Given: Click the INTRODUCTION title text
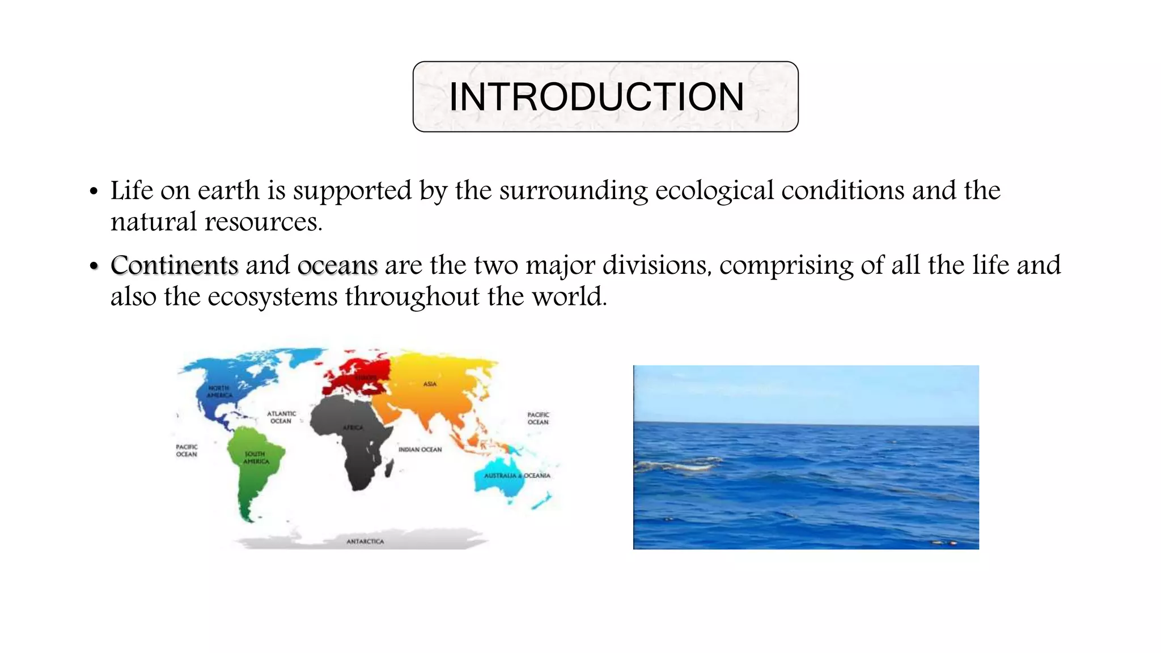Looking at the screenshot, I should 596,97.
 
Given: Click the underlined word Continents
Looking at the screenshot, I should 175,265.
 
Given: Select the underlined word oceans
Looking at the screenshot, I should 337,265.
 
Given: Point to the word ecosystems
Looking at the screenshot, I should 272,296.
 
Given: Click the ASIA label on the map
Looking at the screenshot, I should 430,384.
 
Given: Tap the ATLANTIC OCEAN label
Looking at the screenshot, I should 281,417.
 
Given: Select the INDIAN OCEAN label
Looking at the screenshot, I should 420,450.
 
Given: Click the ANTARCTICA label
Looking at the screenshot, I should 365,542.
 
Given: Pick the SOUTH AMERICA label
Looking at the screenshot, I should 256,457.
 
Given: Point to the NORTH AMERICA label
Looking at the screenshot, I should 219,392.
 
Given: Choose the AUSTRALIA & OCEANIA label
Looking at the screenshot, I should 516,476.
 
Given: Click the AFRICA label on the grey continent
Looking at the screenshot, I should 353,427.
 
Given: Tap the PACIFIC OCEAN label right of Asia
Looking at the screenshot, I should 538,418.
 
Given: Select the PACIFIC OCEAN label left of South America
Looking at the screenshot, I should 187,451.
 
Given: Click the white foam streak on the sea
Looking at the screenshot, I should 680,465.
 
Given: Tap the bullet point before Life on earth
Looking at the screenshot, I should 94,192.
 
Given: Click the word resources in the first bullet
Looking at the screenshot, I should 263,222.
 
